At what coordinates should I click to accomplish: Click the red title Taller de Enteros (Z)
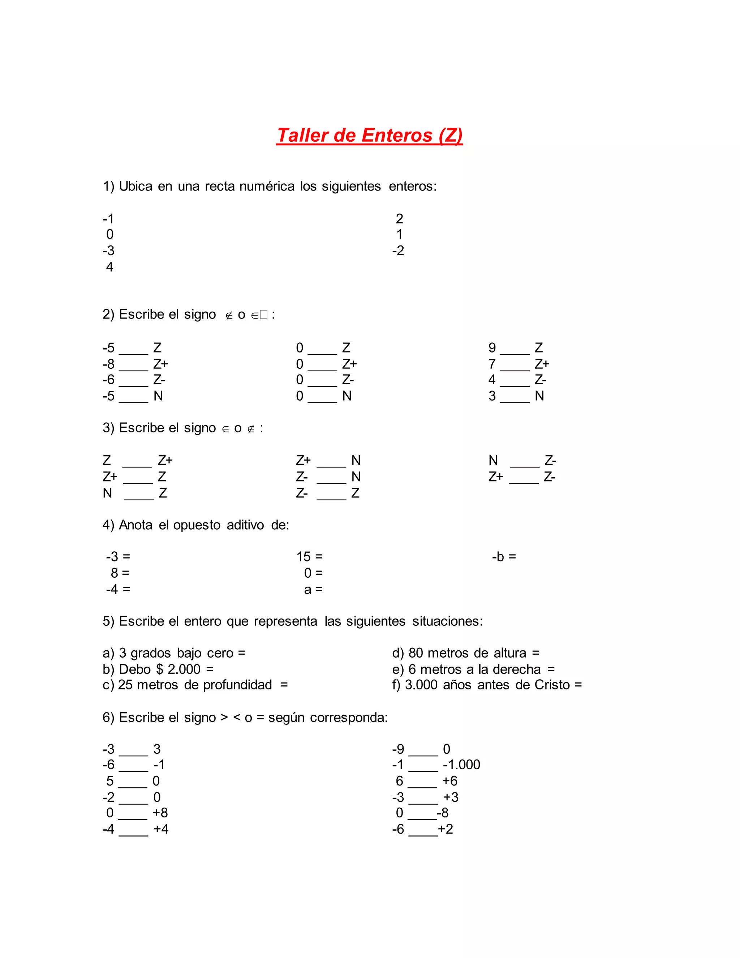point(369,136)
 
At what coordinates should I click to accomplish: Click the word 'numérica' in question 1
point(267,187)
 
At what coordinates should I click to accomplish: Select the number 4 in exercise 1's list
point(109,267)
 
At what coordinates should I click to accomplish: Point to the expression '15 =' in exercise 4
point(310,557)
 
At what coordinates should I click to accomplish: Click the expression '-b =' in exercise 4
point(504,557)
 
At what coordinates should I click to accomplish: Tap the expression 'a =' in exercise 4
point(313,590)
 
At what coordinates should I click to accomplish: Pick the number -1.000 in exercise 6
point(461,765)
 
